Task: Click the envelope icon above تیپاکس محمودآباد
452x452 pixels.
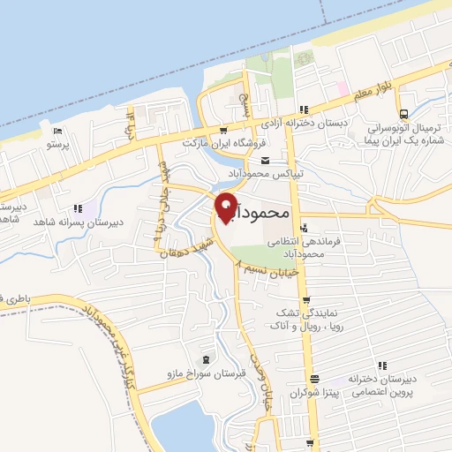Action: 266,159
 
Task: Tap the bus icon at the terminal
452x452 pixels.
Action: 403,113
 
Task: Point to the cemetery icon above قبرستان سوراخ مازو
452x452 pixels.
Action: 206,359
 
